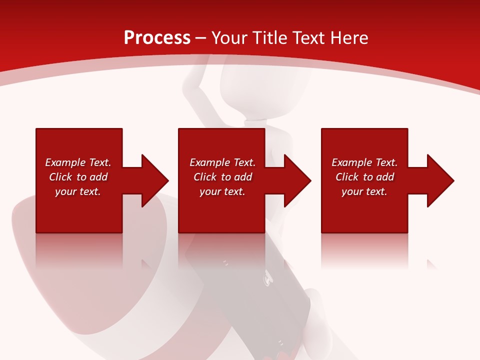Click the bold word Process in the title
(x=157, y=38)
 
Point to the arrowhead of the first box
(x=155, y=180)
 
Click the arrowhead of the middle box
(x=297, y=180)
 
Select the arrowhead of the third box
(x=440, y=180)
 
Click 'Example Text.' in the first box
(x=78, y=162)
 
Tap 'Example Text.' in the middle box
(x=222, y=162)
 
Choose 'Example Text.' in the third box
(x=364, y=162)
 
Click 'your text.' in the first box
(x=78, y=191)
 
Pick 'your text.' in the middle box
(x=222, y=191)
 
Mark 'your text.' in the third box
(x=364, y=191)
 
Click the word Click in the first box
(x=60, y=177)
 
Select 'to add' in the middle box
(x=236, y=177)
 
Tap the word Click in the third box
(x=347, y=177)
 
